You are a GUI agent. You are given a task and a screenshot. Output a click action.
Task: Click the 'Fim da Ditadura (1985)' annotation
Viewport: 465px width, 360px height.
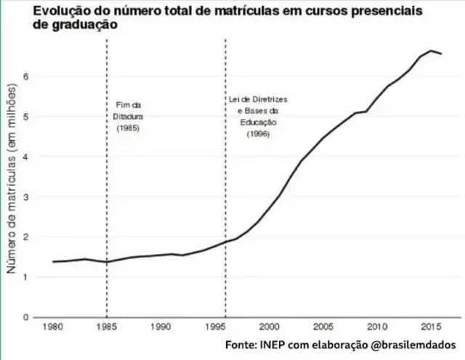[127, 116]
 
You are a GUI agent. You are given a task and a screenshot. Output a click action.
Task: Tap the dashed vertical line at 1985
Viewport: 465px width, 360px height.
[107, 218]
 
